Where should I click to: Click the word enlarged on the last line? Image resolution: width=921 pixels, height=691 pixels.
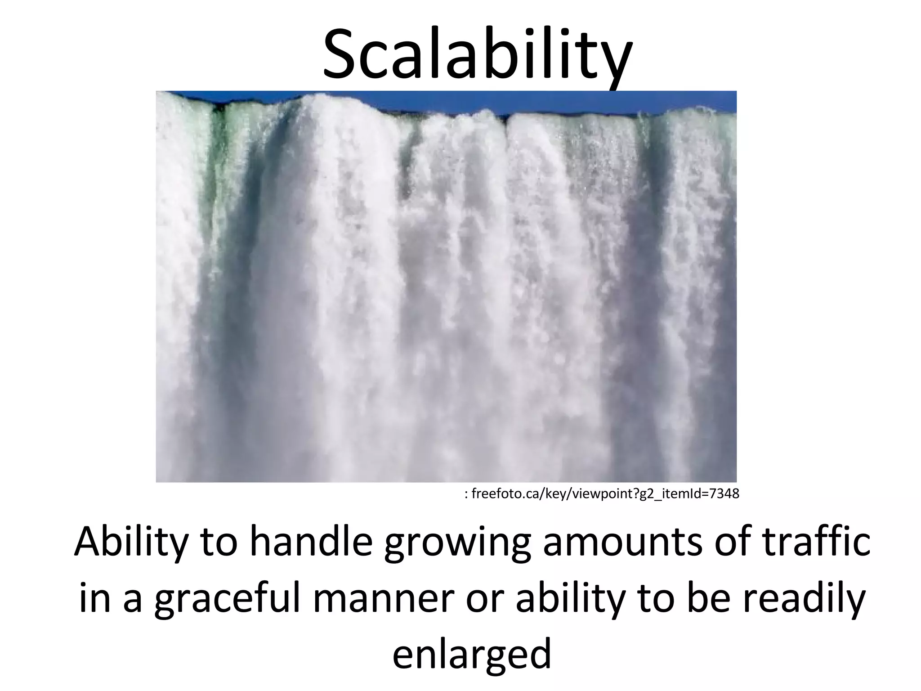[472, 655]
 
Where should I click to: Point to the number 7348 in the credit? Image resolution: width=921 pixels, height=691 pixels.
[724, 494]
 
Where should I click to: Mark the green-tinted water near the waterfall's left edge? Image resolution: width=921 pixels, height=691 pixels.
[220, 135]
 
